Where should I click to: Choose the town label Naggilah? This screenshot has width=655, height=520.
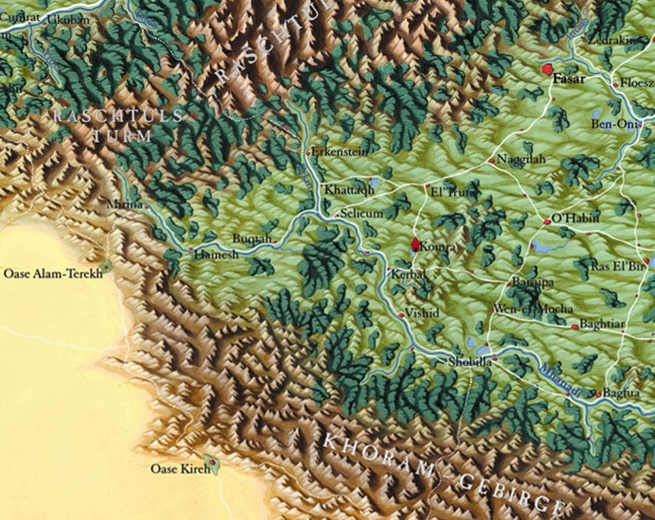[x=521, y=159]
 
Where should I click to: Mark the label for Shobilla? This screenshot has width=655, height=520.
[x=470, y=363]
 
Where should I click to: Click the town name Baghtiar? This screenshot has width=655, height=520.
[x=601, y=324]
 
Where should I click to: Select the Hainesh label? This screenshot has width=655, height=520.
[x=216, y=254]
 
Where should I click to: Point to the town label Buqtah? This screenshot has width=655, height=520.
[x=252, y=239]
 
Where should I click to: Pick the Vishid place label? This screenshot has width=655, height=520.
[x=422, y=313]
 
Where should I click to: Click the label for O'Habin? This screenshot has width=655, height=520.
[x=575, y=218]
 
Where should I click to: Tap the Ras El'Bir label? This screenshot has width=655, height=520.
[x=617, y=266]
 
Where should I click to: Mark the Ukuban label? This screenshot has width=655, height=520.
[x=67, y=20]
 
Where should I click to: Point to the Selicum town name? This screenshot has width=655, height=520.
[x=362, y=214]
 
